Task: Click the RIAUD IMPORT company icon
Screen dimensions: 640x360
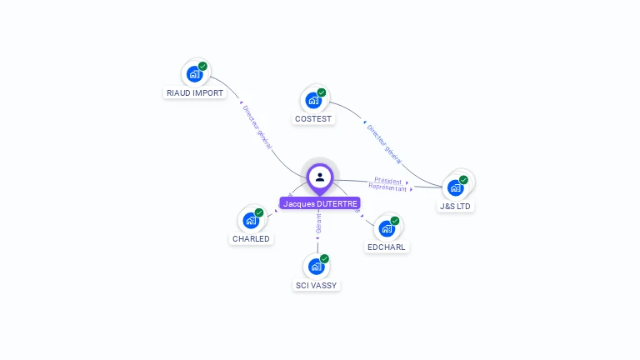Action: point(194,74)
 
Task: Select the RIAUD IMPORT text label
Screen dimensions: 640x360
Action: point(195,93)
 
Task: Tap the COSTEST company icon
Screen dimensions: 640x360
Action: point(313,101)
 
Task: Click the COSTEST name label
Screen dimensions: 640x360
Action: point(313,119)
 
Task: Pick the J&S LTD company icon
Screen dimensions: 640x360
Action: point(455,187)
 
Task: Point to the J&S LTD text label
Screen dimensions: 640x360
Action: point(456,206)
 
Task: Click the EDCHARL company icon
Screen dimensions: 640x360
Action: point(387,229)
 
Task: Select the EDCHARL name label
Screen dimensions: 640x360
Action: point(387,247)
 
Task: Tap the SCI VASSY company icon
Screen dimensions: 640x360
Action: point(317,267)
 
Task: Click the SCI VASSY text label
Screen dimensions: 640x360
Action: point(317,286)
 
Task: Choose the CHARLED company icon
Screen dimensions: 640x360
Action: point(251,221)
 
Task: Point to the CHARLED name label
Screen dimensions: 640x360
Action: point(251,239)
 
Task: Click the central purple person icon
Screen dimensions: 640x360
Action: point(320,177)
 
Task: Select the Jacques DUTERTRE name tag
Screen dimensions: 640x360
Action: point(320,203)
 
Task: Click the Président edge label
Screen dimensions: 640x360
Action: point(388,181)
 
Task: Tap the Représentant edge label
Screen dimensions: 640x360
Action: point(387,188)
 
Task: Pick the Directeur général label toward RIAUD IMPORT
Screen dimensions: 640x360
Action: point(257,127)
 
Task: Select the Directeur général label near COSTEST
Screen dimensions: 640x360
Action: point(384,142)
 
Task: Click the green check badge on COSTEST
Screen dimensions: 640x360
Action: point(322,92)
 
